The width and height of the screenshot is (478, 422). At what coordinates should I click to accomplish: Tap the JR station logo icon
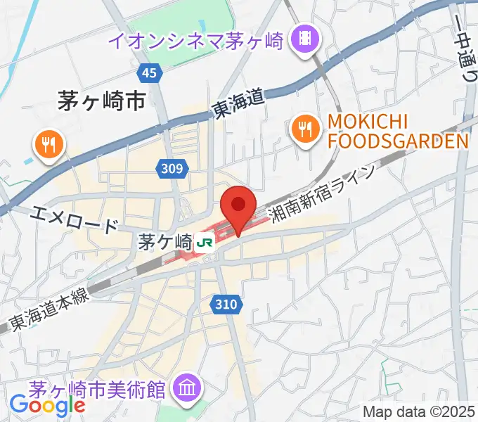(206, 243)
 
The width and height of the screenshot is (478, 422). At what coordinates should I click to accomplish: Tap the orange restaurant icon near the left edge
(49, 145)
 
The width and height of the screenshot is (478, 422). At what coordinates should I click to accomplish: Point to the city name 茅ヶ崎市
(101, 103)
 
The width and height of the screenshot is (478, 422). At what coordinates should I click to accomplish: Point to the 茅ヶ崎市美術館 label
(101, 388)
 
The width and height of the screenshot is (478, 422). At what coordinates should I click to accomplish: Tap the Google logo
(47, 405)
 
